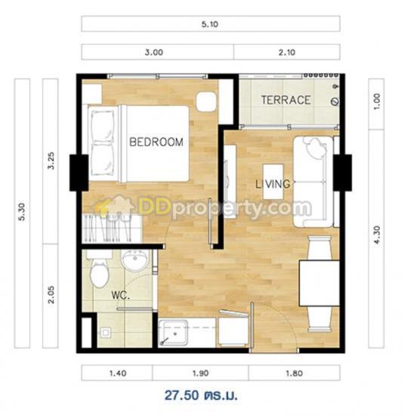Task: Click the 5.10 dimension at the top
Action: (x=210, y=24)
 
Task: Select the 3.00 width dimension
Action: (x=153, y=52)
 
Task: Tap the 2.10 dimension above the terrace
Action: (x=287, y=52)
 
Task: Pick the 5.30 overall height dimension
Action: (x=22, y=212)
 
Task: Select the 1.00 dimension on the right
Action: (x=377, y=101)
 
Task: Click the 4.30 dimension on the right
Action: (x=377, y=234)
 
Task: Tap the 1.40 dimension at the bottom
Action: (x=118, y=374)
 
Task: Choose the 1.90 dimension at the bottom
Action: (x=200, y=374)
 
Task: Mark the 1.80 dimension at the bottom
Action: (x=294, y=374)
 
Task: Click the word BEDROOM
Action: (x=156, y=142)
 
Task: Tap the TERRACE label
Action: (x=286, y=100)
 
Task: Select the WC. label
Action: (x=121, y=295)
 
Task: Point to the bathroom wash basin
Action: (x=135, y=260)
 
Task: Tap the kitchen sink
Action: (x=173, y=334)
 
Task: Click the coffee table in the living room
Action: (x=273, y=182)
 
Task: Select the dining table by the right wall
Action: (x=319, y=284)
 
